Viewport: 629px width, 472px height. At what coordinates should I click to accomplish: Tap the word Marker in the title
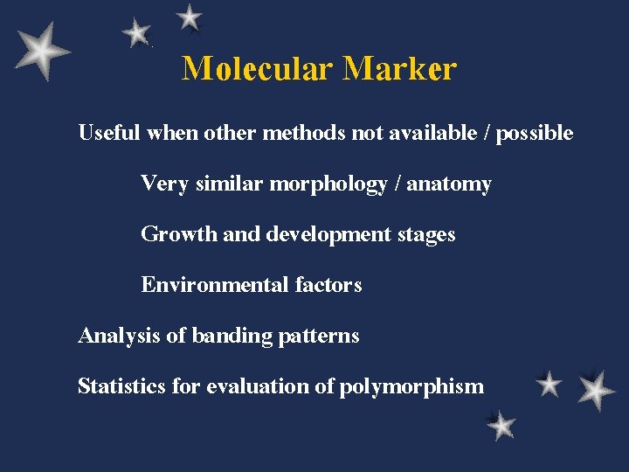click(x=399, y=68)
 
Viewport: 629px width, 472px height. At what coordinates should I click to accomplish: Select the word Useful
click(x=110, y=133)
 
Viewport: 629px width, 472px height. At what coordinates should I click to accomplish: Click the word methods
click(x=303, y=133)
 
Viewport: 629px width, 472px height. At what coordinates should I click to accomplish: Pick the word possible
click(x=535, y=134)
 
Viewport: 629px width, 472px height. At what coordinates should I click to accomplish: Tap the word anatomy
click(x=449, y=184)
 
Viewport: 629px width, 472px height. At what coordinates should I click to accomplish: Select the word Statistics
click(x=121, y=386)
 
